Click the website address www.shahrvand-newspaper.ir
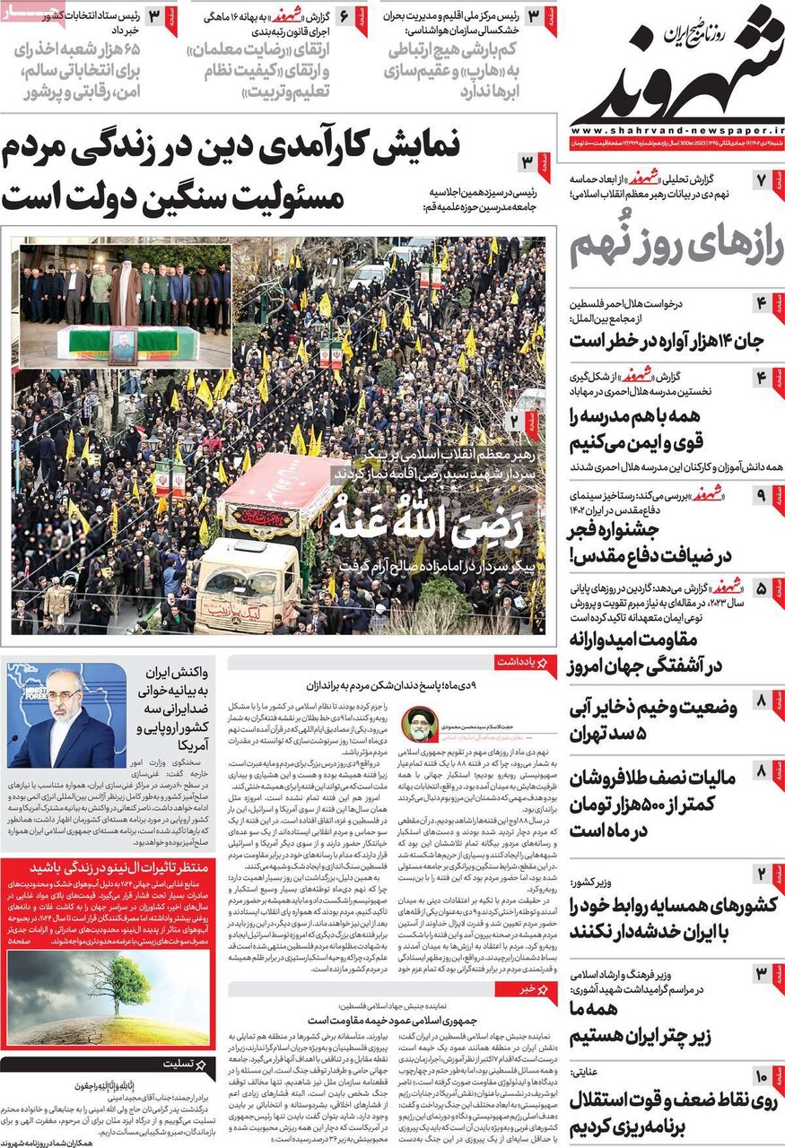click(677, 128)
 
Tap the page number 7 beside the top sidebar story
click(761, 179)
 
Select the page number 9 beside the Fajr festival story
click(761, 494)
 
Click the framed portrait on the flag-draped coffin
click(123, 344)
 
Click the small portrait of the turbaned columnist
click(417, 722)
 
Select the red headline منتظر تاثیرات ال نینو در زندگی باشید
click(106, 868)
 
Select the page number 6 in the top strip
click(343, 16)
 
